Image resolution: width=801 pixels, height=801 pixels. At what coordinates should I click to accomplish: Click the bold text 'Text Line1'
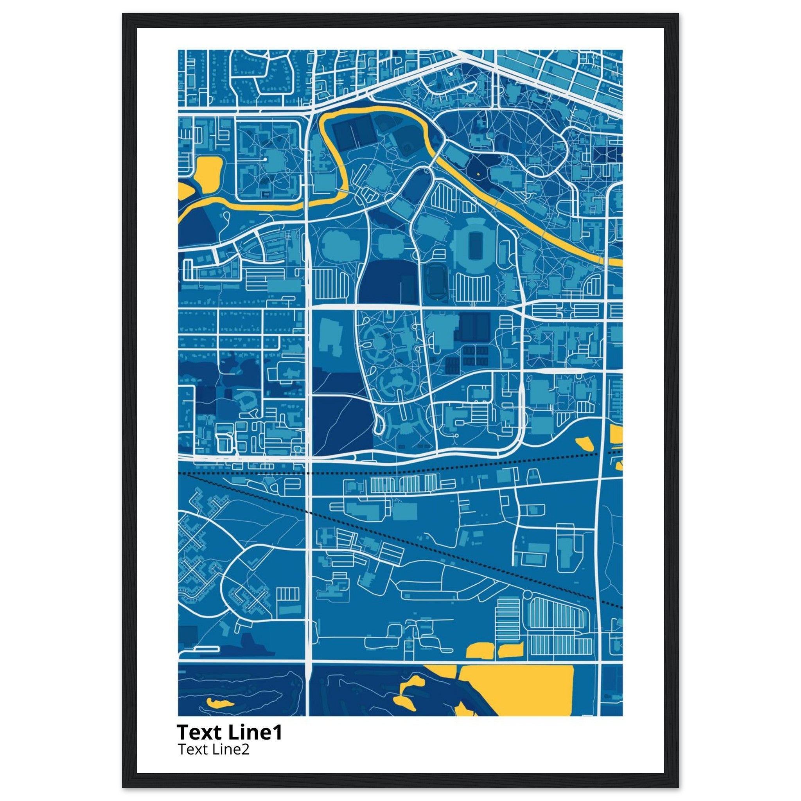(229, 733)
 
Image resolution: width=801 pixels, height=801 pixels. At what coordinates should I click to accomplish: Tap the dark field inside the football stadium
(473, 245)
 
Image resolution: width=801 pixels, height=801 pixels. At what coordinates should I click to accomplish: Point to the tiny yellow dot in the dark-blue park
(478, 174)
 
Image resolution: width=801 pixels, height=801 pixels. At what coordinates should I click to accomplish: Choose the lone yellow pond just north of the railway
(585, 444)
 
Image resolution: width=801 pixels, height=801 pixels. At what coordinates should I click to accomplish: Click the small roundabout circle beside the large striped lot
(527, 596)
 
